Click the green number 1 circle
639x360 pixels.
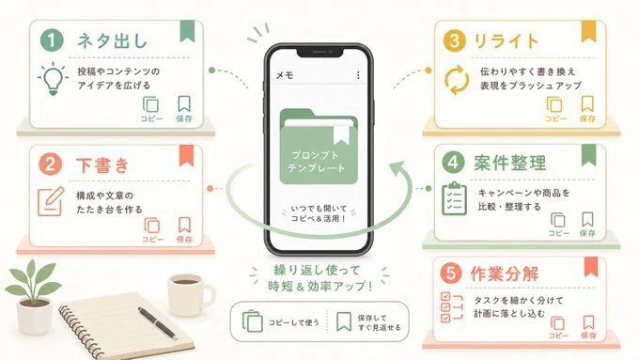[52, 40]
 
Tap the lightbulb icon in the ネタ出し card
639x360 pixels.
[53, 79]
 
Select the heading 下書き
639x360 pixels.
[102, 165]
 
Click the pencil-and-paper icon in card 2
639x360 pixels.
[51, 201]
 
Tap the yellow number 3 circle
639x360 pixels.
[454, 40]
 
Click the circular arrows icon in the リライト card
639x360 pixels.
[457, 80]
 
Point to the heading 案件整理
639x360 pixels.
[509, 163]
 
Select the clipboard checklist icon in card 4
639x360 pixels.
[455, 198]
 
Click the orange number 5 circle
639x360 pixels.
[451, 273]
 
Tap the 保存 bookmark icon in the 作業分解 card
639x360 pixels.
[588, 322]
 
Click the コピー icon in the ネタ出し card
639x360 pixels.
[150, 104]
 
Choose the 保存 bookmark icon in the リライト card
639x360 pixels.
[587, 104]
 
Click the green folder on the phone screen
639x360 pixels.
[319, 147]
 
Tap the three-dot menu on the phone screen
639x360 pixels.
[358, 75]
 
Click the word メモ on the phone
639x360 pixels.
[285, 75]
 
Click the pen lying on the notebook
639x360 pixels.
[157, 323]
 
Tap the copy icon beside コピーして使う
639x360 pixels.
[252, 321]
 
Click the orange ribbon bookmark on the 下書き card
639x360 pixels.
[187, 155]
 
